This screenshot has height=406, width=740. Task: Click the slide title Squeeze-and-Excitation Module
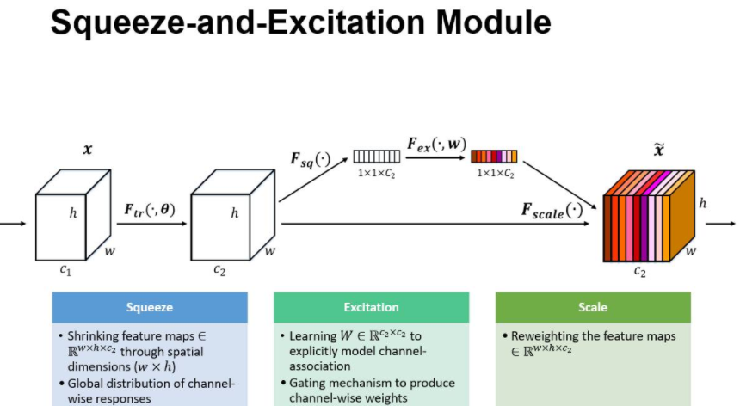300,23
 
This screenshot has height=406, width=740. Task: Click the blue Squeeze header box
149,307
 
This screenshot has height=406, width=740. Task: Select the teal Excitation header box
371,307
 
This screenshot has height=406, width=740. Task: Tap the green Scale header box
593,307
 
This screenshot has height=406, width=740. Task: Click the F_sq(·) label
311,160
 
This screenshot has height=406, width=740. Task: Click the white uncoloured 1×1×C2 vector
375,157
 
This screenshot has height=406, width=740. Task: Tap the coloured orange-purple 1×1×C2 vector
494,157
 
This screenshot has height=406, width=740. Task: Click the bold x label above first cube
87,150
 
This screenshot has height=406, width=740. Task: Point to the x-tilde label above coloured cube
659,151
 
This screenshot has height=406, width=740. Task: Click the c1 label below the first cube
64,270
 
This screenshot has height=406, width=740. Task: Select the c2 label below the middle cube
219,270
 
